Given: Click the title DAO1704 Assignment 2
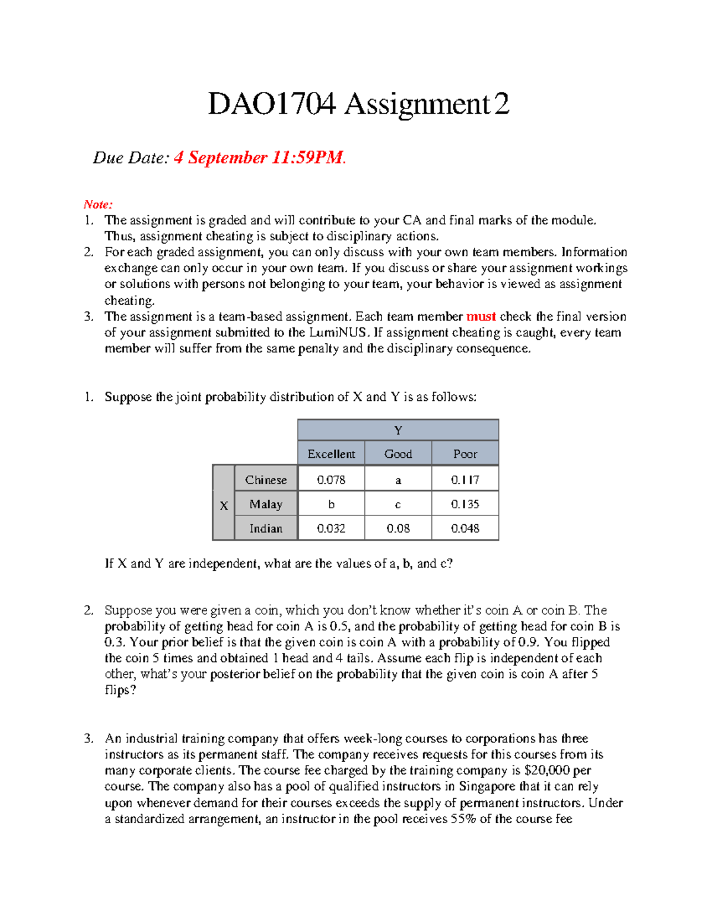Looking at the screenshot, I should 358,104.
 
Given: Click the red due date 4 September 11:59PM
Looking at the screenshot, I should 259,158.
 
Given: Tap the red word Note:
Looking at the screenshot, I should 98,205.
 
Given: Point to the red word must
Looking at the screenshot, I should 481,317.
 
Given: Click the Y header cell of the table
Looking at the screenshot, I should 398,431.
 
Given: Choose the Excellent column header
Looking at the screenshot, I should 331,454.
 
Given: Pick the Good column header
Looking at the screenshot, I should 398,454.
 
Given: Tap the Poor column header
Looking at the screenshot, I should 465,454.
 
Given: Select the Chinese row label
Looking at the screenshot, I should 266,480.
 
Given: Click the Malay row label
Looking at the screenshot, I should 266,504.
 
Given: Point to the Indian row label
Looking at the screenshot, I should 266,528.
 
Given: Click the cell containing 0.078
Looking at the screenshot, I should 331,480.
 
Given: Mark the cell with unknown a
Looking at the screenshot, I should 398,480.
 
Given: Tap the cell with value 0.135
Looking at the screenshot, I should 465,504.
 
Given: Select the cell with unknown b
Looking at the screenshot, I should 331,504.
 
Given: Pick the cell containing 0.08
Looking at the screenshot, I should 398,528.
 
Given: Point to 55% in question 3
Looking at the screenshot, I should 463,819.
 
